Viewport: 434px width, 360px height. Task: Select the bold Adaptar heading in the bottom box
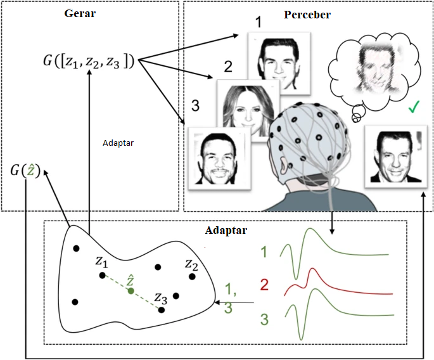pos(226,229)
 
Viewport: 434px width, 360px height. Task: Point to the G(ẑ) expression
pos(25,170)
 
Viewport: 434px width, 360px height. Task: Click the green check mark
pos(414,108)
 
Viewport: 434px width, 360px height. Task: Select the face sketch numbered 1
pos(279,59)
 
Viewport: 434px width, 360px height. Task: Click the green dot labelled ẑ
pos(131,290)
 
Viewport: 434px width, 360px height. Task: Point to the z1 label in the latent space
pos(101,261)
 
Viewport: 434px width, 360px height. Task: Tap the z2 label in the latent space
pos(192,264)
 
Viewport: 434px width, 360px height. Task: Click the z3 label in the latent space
pos(161,298)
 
